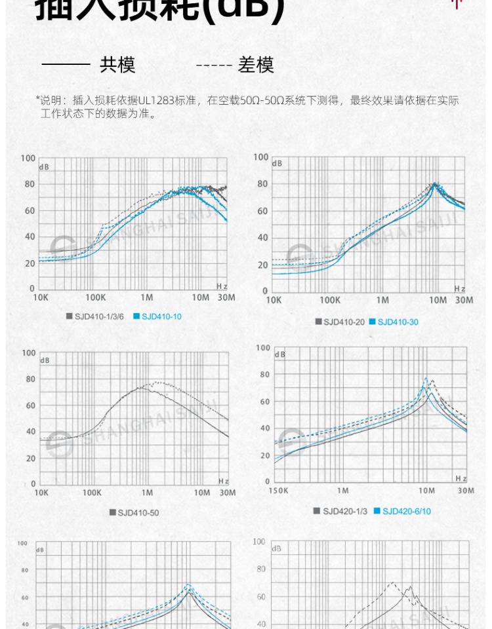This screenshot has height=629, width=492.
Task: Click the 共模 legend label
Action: pos(117,65)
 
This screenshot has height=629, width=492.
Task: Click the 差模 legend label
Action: pos(256,65)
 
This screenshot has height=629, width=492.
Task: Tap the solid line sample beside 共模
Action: pos(66,65)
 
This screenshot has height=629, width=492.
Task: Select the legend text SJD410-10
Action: pos(161,316)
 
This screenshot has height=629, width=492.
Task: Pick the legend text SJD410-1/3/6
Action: pos(99,316)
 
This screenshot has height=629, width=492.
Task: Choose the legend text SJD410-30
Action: pos(398,322)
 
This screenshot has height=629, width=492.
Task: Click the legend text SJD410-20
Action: pos(344,322)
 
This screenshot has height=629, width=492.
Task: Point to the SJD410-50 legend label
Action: pos(138,512)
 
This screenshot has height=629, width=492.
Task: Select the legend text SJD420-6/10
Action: pos(407,511)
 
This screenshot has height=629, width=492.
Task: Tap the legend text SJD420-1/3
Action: pos(345,511)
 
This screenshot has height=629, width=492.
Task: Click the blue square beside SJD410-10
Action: pos(136,316)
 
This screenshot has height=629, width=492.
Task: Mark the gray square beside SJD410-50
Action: pos(113,512)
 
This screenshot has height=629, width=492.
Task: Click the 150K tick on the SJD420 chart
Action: pos(278,491)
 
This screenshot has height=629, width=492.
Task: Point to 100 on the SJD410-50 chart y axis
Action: pos(28,353)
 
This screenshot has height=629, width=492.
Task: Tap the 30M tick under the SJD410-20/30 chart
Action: pos(464,299)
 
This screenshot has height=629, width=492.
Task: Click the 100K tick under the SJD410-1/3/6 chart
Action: pos(95,297)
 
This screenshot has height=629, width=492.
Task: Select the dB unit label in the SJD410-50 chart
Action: pos(45,360)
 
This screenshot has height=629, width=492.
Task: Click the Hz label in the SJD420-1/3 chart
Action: pos(461,479)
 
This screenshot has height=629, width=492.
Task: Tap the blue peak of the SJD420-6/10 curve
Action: pos(426,378)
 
